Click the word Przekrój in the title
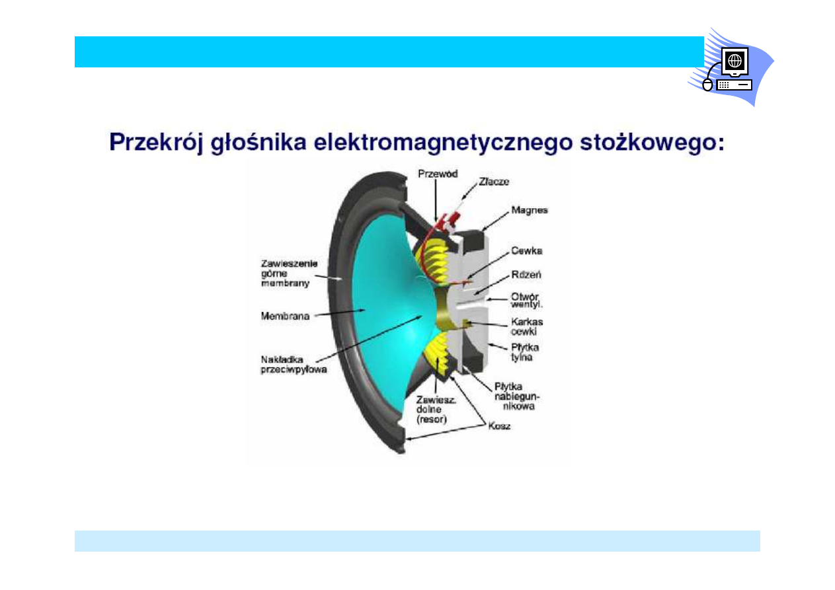pyautogui.click(x=157, y=143)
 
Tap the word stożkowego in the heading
pyautogui.click(x=652, y=143)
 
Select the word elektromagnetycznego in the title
pyautogui.click(x=443, y=143)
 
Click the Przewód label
pyautogui.click(x=438, y=174)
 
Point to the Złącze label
pyautogui.click(x=494, y=182)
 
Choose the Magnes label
pyautogui.click(x=530, y=211)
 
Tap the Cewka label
pyautogui.click(x=526, y=250)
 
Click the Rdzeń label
pyautogui.click(x=526, y=274)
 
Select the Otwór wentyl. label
pyautogui.click(x=526, y=300)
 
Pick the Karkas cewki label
pyautogui.click(x=527, y=326)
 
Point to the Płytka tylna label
pyautogui.click(x=524, y=352)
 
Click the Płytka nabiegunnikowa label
pyautogui.click(x=517, y=396)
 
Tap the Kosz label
pyautogui.click(x=499, y=426)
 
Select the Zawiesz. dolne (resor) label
pyautogui.click(x=436, y=410)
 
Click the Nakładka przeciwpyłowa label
pyautogui.click(x=294, y=365)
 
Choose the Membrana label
pyautogui.click(x=285, y=316)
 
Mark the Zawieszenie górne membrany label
pyautogui.click(x=290, y=274)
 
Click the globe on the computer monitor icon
pyautogui.click(x=735, y=60)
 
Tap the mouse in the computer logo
pyautogui.click(x=707, y=85)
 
